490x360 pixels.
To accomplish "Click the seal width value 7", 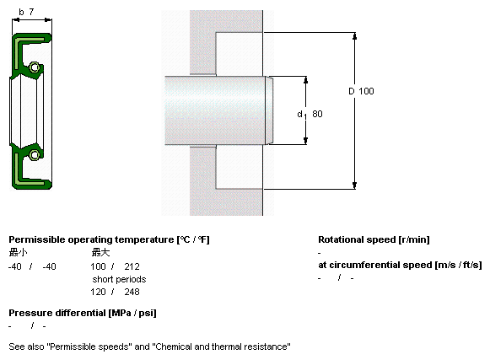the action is [x=31, y=12].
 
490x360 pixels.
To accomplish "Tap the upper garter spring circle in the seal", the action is [x=35, y=67].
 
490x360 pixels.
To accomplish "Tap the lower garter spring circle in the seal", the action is [x=35, y=154].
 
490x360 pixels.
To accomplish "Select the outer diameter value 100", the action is [x=366, y=91].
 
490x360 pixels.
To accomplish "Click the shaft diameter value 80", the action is [x=317, y=114].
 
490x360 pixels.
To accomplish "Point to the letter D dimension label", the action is [x=352, y=91].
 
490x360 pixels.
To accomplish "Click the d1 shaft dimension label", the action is [x=302, y=115].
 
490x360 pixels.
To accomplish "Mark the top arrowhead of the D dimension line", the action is [x=354, y=36].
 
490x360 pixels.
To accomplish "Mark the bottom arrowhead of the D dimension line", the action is [x=354, y=185].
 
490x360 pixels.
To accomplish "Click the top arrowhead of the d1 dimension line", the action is [x=305, y=80].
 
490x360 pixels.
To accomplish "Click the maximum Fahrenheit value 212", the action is [x=132, y=266].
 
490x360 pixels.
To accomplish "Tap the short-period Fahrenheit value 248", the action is [x=132, y=292].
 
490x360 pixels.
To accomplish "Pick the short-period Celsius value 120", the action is [x=98, y=292].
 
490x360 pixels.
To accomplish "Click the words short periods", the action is [x=119, y=279].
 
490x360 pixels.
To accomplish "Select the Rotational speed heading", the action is [x=374, y=239].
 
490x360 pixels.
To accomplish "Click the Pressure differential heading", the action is [x=83, y=313].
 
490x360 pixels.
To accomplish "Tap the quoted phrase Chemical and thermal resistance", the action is [x=223, y=347].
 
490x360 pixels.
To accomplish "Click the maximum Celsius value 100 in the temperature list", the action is [x=98, y=266].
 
